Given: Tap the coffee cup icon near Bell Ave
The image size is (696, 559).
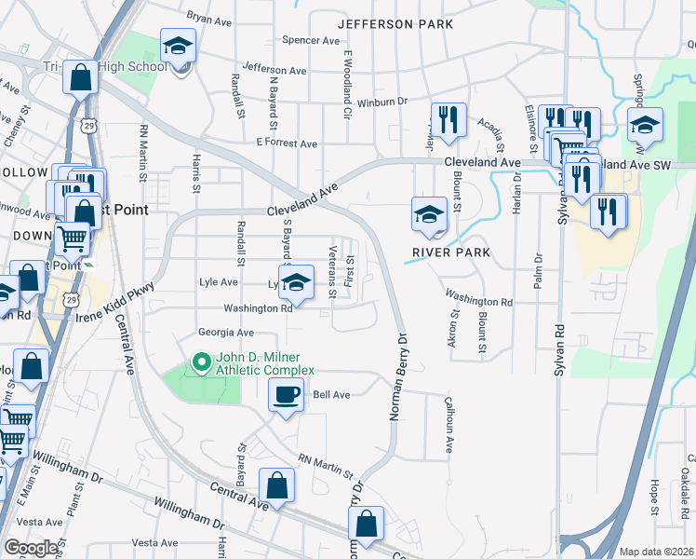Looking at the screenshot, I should pyautogui.click(x=286, y=394).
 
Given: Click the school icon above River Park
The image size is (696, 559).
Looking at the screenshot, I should pyautogui.click(x=428, y=214).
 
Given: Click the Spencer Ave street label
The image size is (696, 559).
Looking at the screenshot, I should pyautogui.click(x=312, y=41).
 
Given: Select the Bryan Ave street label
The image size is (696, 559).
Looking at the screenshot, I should pyautogui.click(x=208, y=18).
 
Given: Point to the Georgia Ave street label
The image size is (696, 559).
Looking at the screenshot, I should pyautogui.click(x=226, y=333).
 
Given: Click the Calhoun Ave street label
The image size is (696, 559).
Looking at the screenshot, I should pyautogui.click(x=448, y=425).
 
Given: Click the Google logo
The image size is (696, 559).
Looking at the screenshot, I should pyautogui.click(x=31, y=548).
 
